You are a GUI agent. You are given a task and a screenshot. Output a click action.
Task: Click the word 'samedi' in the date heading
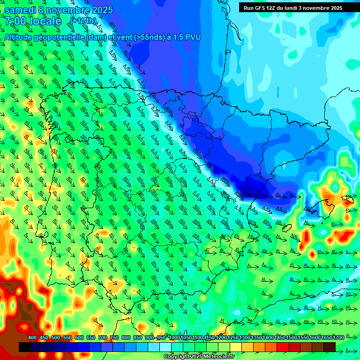click(21, 10)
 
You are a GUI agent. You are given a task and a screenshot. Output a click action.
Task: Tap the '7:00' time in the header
click(15, 21)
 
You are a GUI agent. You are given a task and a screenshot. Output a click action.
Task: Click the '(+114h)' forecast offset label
click(83, 21)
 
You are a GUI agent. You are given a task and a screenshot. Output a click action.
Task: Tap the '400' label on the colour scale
click(32, 338)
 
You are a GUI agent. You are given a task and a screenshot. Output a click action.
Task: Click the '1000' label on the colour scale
click(174, 338)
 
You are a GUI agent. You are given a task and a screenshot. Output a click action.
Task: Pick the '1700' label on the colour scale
click(326, 338)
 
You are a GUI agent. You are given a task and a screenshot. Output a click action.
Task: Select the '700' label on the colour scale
click(103, 338)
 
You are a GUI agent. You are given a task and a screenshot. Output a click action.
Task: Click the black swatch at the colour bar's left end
click(25, 347)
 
